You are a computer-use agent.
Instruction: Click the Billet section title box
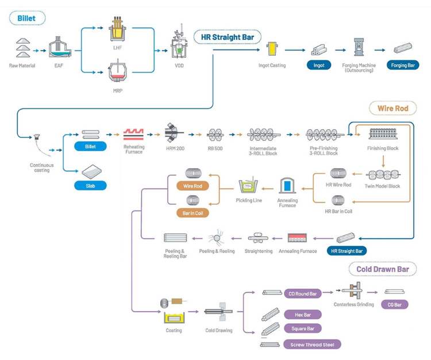coord(26,18)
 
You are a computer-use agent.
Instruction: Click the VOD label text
coord(179,66)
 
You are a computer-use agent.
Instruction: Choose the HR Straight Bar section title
coord(227,38)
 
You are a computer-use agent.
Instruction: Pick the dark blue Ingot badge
coord(319,65)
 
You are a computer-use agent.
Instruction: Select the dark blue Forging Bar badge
coord(403,65)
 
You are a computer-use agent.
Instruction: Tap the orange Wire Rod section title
coord(392,108)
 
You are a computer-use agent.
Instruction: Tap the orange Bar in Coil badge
coord(193,213)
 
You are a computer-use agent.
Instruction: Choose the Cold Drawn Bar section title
coord(382,269)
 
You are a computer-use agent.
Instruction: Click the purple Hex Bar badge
coord(302,315)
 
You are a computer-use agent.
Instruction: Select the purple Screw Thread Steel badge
coord(312,344)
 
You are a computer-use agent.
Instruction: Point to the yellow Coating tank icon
coord(174,317)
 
